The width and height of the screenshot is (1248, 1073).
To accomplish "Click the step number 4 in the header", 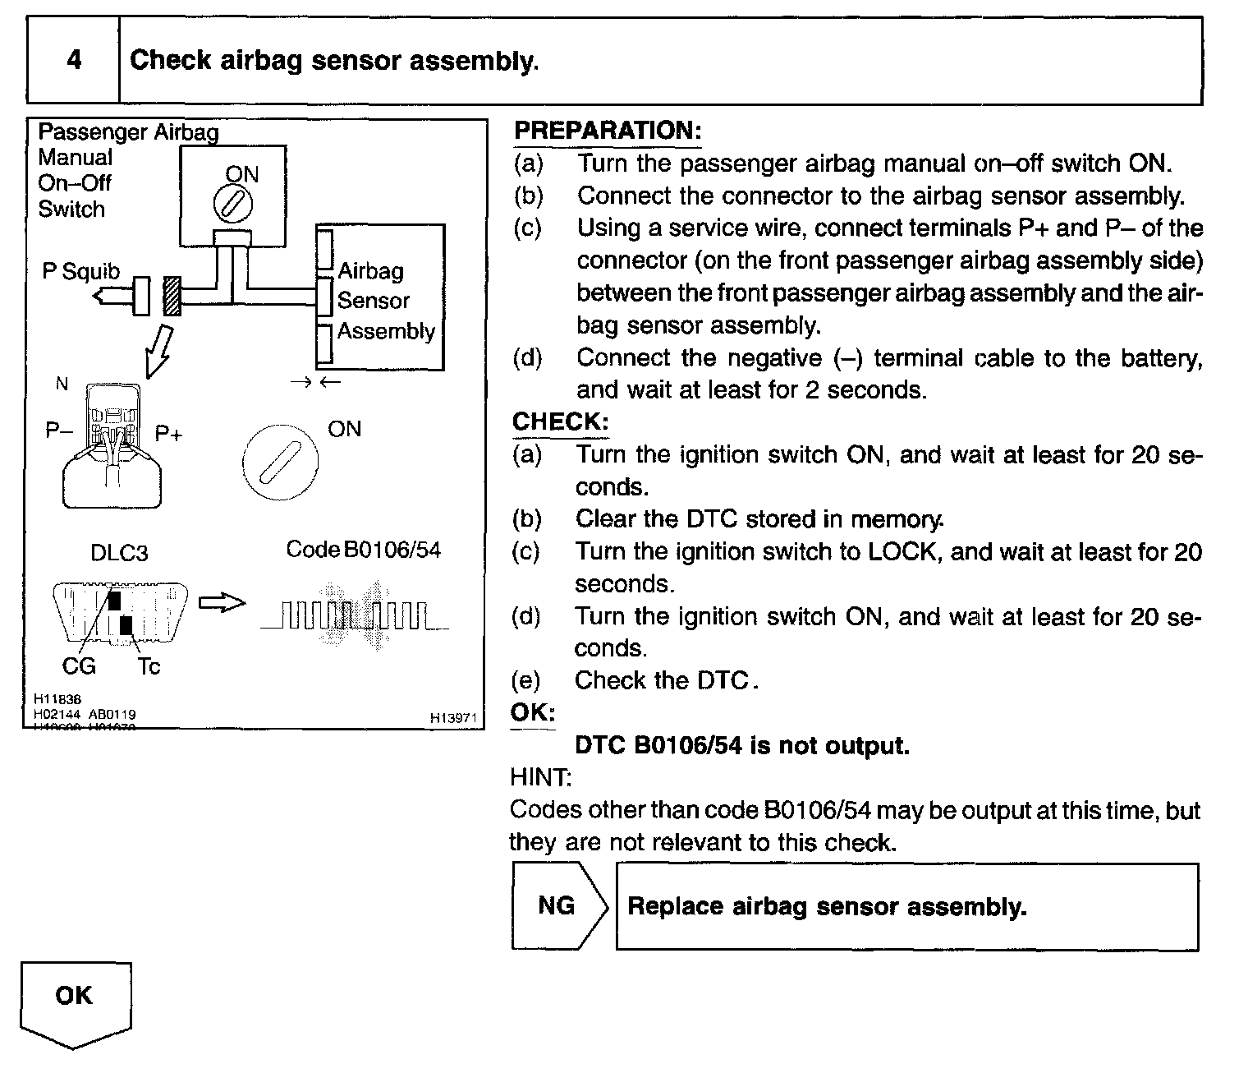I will pos(74,60).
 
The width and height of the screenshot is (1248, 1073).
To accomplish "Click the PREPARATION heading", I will pos(607,130).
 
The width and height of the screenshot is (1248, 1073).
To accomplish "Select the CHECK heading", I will pos(560,421).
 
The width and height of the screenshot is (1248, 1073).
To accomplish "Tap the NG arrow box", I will pos(558,905).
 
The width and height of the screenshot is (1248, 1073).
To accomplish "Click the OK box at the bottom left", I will pos(75,996).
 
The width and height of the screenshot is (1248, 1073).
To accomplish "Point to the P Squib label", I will pos(80,271).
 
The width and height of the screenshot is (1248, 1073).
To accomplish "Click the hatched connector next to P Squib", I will pos(172,296).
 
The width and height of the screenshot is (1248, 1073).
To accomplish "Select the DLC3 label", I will pos(119,553).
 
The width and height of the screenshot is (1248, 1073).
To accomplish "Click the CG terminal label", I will pos(79,665).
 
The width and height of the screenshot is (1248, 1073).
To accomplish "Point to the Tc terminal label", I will pos(149,665).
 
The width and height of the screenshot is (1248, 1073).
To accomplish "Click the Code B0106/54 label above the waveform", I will pos(363,549).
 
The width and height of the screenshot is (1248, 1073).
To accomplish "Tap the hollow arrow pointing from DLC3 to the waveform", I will pos(223,604).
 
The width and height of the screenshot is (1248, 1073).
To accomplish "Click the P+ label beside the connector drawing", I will pos(168,433).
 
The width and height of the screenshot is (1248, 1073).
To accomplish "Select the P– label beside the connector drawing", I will pos(59,430).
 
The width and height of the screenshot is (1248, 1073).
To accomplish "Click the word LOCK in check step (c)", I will pos(902,551).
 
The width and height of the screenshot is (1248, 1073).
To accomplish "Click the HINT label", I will pos(540,776).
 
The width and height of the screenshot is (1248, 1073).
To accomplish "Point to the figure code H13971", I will pos(453,717).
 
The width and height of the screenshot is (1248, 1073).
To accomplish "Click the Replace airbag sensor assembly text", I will pos(827,906).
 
